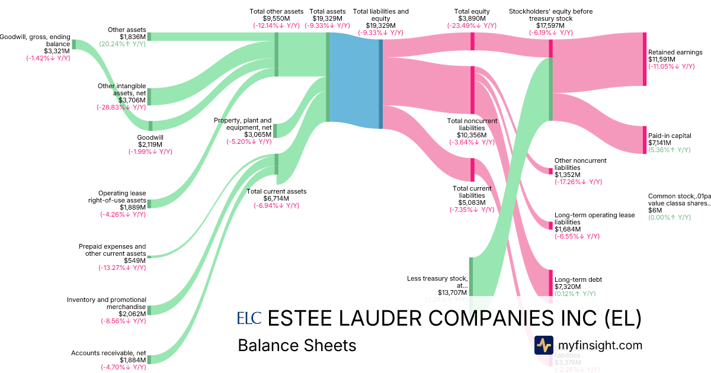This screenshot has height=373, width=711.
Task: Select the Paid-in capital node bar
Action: [x=644, y=140]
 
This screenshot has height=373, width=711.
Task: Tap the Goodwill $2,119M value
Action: [x=150, y=144]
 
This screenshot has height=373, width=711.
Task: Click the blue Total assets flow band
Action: [x=354, y=80]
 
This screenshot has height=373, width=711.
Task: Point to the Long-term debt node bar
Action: [x=550, y=282]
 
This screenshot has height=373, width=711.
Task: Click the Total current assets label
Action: [x=277, y=191]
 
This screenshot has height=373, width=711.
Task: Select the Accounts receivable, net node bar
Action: [x=149, y=359]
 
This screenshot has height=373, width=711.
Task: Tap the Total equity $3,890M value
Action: [x=472, y=18]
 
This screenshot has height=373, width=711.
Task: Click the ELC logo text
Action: [x=249, y=319]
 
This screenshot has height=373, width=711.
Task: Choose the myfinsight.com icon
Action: [x=543, y=345]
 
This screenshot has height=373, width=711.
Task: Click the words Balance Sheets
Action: [x=297, y=345]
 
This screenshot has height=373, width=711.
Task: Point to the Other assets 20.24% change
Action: [x=122, y=44]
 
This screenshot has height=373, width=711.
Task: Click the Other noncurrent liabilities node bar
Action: [x=550, y=171]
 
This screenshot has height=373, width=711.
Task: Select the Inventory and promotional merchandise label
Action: [x=107, y=303]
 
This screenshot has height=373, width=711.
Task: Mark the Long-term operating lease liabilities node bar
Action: [x=550, y=225]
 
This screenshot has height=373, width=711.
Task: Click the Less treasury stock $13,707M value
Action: [x=453, y=292]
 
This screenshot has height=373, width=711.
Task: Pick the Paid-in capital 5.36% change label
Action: [x=670, y=150]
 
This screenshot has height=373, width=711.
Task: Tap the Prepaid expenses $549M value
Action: [x=134, y=261]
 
